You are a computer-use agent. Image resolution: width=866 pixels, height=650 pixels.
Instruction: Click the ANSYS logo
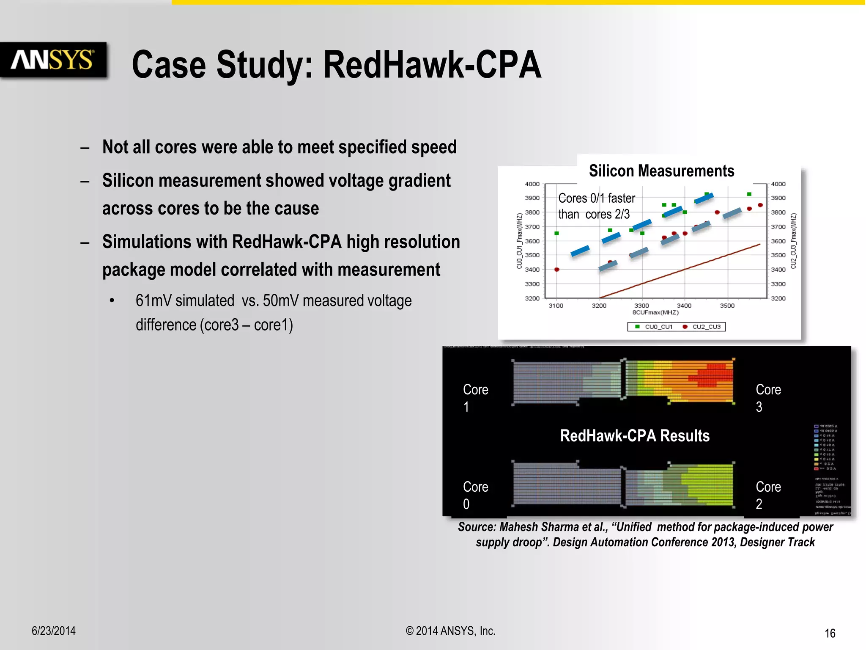(x=52, y=60)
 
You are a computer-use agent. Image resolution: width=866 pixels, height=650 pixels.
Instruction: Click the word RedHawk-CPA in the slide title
(x=432, y=65)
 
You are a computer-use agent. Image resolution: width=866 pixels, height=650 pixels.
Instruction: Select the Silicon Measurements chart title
(x=661, y=171)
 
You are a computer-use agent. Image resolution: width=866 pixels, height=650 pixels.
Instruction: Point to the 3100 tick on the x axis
(x=556, y=306)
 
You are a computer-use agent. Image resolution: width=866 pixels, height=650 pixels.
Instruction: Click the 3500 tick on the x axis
(x=727, y=306)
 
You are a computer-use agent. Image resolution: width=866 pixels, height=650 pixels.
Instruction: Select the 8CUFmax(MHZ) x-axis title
(x=655, y=313)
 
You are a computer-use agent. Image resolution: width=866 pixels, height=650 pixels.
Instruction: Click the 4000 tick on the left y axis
(x=532, y=184)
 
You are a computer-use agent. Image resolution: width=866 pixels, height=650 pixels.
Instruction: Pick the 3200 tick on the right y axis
(x=778, y=298)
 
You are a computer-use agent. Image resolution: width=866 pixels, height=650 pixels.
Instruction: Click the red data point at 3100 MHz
(x=557, y=270)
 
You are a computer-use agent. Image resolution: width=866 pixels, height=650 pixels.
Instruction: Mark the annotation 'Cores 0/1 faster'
(x=596, y=198)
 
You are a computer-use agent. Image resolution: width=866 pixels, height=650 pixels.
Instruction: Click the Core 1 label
(x=475, y=398)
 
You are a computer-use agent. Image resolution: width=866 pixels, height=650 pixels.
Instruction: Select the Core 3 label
(x=768, y=398)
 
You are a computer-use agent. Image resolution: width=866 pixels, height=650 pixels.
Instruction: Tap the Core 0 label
(x=475, y=495)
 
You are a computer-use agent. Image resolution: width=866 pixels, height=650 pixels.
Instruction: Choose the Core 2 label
(x=768, y=495)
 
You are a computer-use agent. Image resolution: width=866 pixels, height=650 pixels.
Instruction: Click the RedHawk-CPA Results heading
(x=635, y=436)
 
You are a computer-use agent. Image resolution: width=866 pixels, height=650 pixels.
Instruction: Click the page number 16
(x=830, y=633)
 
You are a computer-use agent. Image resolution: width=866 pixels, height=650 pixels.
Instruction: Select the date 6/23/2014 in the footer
(x=54, y=631)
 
